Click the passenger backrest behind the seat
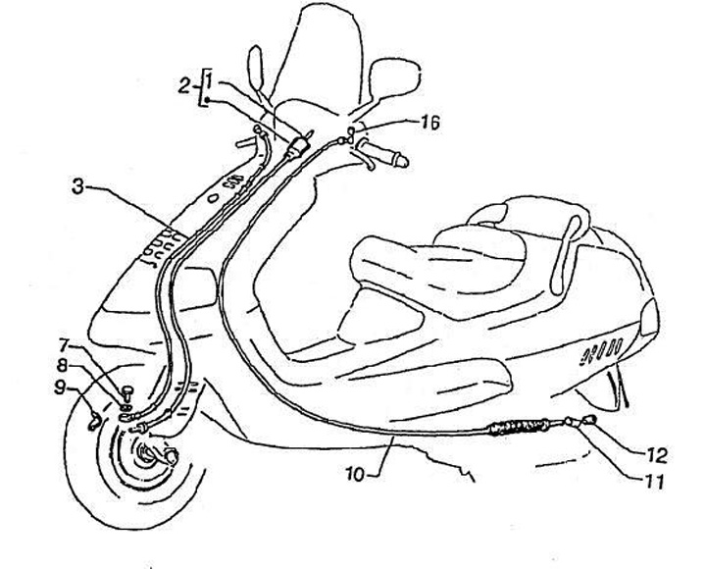point(568,254)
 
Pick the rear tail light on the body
point(648,317)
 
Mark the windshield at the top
point(333,49)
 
